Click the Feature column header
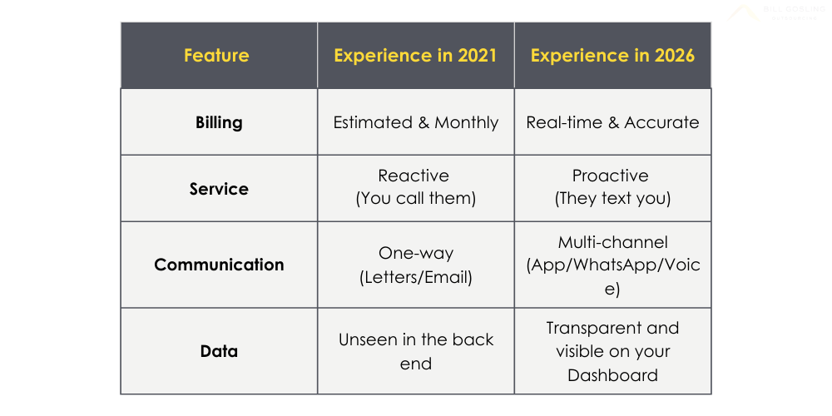tap(216, 56)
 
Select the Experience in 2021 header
tap(415, 56)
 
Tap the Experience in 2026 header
tap(612, 56)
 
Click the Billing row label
tap(219, 122)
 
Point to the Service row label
tap(219, 189)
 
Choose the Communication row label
tap(219, 265)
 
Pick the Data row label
tap(219, 351)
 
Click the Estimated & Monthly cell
tap(415, 122)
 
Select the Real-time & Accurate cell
tap(612, 122)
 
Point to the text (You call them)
tap(415, 200)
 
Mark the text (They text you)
tap(612, 200)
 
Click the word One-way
tap(415, 253)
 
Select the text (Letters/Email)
tap(415, 277)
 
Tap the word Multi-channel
tap(612, 242)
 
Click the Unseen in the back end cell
tap(415, 351)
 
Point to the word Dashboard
tap(612, 375)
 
